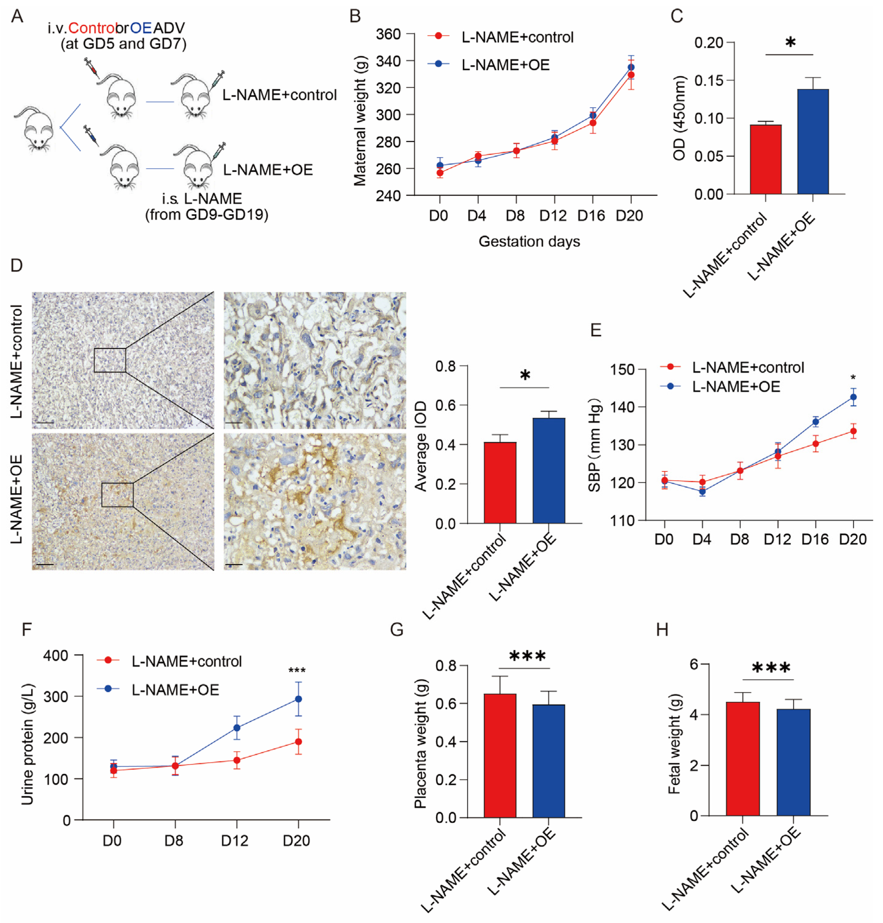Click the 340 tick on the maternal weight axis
tap(388, 61)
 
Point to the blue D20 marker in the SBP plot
tap(853, 397)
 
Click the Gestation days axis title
tap(529, 241)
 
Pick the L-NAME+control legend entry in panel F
tap(186, 661)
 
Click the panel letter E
tap(595, 330)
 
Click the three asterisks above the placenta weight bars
tap(527, 656)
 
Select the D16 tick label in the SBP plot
tap(814, 539)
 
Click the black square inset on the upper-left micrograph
tap(110, 360)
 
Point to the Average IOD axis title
tap(420, 446)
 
